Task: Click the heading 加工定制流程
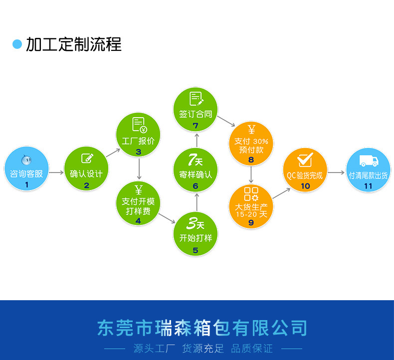[74, 44]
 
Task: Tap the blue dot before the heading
[17, 44]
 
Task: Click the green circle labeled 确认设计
[86, 169]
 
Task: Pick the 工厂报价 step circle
[138, 135]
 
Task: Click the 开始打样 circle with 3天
[196, 233]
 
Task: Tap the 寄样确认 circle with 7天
[196, 170]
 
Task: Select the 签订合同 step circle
[196, 109]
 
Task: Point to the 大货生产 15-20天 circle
[251, 205]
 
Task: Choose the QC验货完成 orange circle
[305, 170]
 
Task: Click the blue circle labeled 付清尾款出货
[368, 170]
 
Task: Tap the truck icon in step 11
[368, 161]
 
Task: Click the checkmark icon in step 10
[305, 160]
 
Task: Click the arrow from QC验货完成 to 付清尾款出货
[337, 173]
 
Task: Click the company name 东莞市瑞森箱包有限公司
[202, 329]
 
